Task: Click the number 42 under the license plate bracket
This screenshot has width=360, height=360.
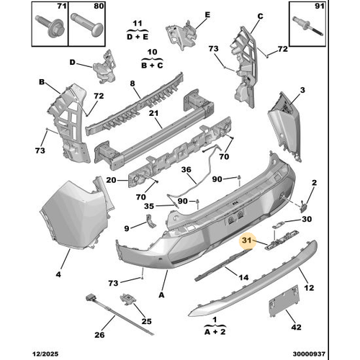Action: click(294, 326)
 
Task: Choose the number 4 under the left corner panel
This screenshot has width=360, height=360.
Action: click(58, 274)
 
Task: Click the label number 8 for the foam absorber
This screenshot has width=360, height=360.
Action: click(132, 84)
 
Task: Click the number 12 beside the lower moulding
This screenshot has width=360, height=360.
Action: click(310, 288)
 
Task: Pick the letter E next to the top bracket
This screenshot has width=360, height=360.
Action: click(207, 15)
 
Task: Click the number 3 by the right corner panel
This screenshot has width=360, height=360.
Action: click(302, 90)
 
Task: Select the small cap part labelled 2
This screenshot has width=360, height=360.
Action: click(310, 193)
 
